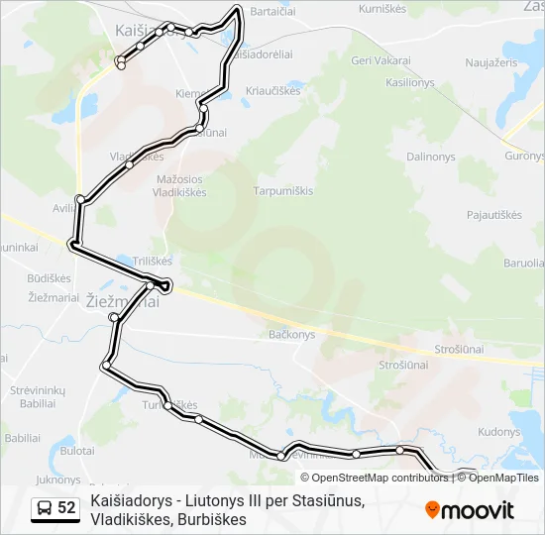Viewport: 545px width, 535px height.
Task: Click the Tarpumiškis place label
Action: pyautogui.click(x=283, y=190)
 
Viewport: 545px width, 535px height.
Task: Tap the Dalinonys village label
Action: pyautogui.click(x=430, y=157)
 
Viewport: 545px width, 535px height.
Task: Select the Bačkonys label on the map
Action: pyautogui.click(x=291, y=335)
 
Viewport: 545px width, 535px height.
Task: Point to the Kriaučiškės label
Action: pyautogui.click(x=272, y=90)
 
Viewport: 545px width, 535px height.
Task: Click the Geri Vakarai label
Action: pyautogui.click(x=381, y=60)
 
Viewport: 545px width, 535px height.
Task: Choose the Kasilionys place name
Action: pyautogui.click(x=411, y=82)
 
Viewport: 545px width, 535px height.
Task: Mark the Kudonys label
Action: pyautogui.click(x=498, y=432)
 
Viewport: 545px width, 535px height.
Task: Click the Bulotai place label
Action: pyautogui.click(x=77, y=450)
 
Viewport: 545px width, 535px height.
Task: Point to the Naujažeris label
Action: pyautogui.click(x=491, y=61)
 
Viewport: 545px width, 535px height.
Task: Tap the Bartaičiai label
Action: pyautogui.click(x=276, y=12)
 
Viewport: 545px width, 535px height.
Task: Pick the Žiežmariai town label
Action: pyautogui.click(x=123, y=301)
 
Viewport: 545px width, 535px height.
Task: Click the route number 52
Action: pyautogui.click(x=66, y=507)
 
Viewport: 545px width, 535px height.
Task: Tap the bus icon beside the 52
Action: pyautogui.click(x=45, y=508)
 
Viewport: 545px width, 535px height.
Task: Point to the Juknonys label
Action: pyautogui.click(x=56, y=480)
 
